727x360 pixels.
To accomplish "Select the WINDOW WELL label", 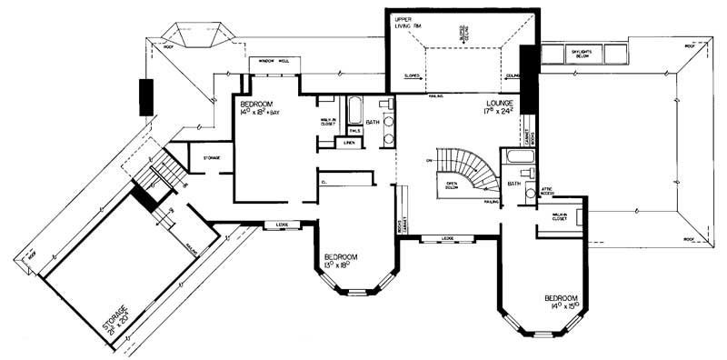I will point(274,61).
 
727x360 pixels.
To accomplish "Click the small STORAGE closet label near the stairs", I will point(212,158).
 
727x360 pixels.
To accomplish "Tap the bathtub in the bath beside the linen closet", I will point(355,102).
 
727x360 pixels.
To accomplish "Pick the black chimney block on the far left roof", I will point(146,96).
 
